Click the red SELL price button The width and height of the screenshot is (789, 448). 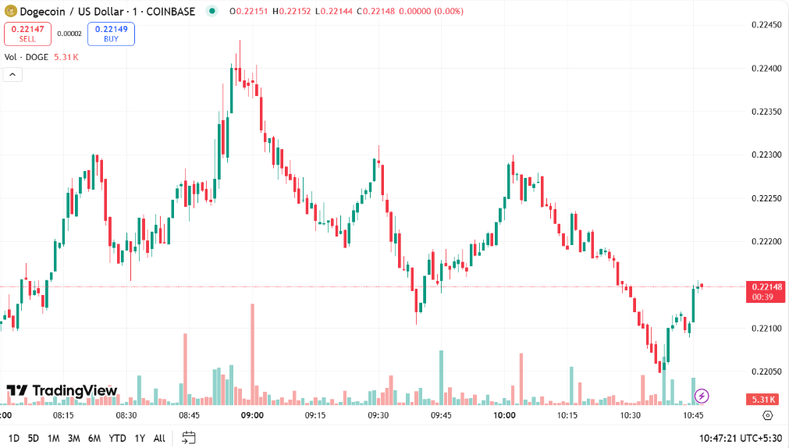[28, 34]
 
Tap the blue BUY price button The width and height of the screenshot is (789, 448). [111, 34]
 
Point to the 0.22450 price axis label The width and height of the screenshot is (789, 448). [766, 25]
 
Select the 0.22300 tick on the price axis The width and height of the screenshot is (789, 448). [766, 155]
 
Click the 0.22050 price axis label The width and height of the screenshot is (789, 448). [766, 371]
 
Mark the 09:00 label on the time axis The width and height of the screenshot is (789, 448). [252, 415]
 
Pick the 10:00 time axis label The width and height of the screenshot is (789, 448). [504, 415]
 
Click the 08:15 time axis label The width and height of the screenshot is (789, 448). [62, 415]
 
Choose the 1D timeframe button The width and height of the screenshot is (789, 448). [14, 438]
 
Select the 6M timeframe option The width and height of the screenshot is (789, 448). [94, 438]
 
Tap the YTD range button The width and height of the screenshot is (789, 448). [117, 438]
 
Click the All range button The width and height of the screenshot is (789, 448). [159, 438]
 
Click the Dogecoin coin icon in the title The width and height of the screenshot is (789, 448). [10, 11]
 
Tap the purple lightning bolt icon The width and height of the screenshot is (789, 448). [702, 396]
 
